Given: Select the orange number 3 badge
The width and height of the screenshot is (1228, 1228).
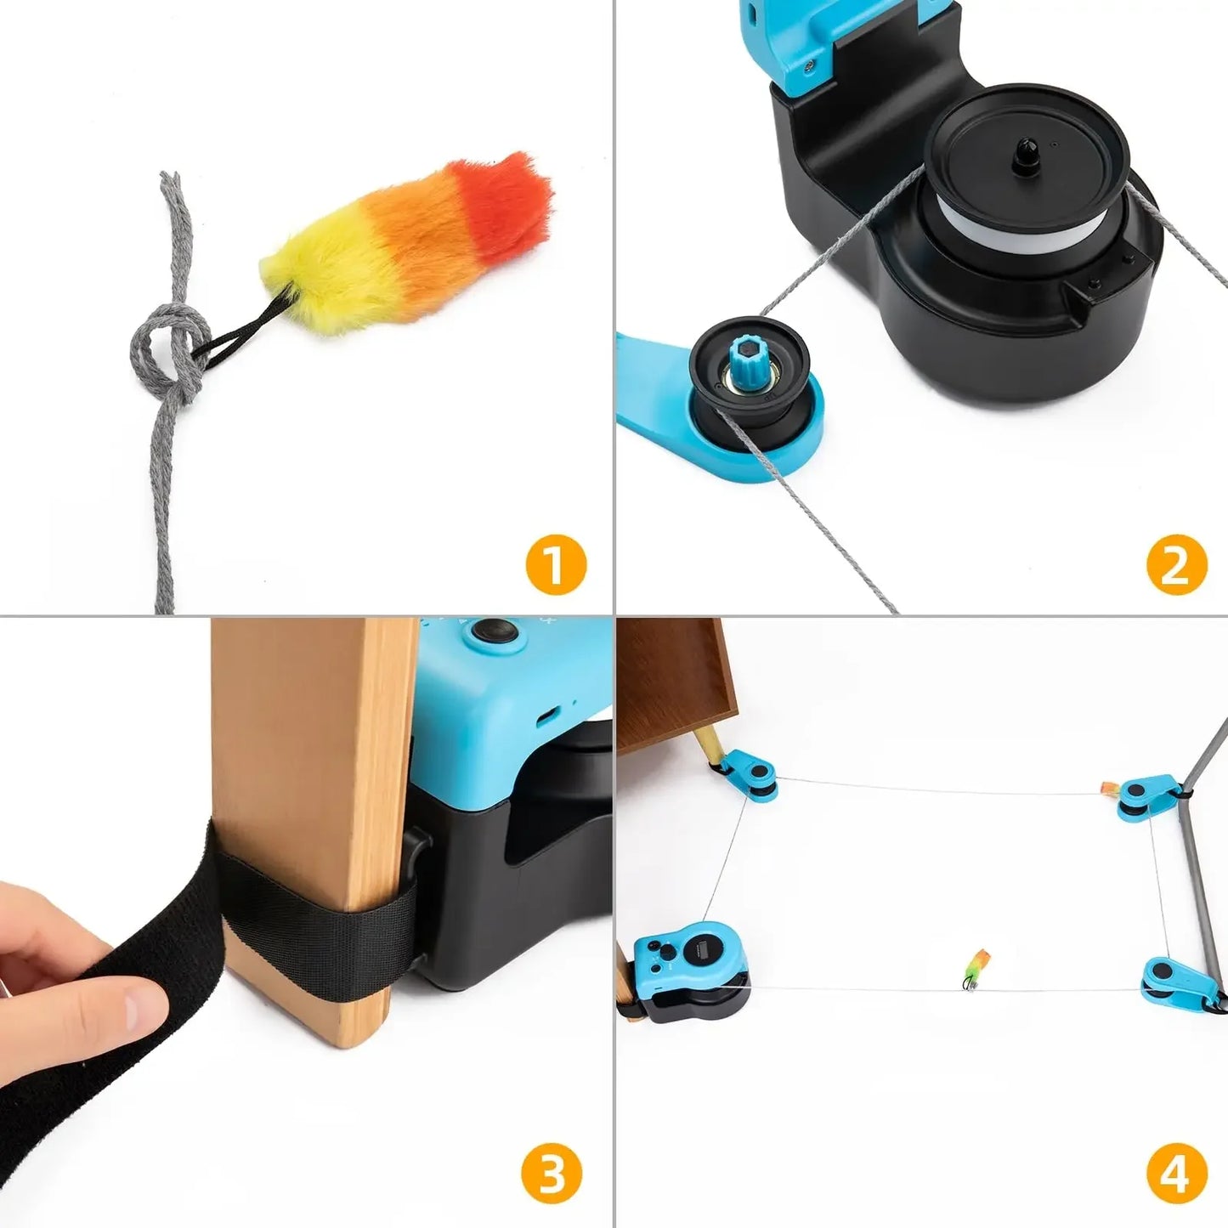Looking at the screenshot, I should coord(552,1176).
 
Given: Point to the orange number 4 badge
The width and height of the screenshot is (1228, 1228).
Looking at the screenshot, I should coord(1176,1176).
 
